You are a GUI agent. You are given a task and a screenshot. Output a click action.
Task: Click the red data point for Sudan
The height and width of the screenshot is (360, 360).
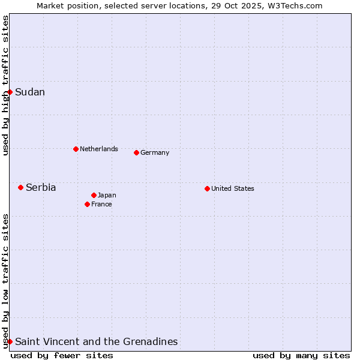(x=10, y=92)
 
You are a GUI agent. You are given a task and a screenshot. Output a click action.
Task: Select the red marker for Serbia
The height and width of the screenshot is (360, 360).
(x=20, y=187)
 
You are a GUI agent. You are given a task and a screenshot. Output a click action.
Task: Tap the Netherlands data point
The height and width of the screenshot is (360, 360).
(x=76, y=149)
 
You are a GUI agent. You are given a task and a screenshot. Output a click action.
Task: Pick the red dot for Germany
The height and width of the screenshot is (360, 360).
(x=136, y=152)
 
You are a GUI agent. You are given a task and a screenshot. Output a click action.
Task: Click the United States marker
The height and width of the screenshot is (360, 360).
(x=207, y=188)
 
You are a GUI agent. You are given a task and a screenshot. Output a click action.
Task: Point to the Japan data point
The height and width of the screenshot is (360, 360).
(x=94, y=195)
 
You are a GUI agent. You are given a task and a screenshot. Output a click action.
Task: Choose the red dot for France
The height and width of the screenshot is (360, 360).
(x=87, y=204)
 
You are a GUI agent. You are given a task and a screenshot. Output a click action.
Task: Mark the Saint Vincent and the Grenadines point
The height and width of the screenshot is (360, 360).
(x=10, y=341)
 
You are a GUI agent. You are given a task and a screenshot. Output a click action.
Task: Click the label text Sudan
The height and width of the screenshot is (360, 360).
(x=30, y=92)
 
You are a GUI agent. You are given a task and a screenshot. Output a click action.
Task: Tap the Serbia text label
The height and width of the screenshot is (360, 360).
(x=41, y=188)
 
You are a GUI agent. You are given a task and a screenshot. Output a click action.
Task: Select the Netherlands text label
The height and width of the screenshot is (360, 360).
(x=99, y=149)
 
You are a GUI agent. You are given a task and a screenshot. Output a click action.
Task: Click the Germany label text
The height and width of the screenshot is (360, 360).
(x=155, y=152)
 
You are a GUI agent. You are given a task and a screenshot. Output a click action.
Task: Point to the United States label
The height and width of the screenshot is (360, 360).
(x=233, y=188)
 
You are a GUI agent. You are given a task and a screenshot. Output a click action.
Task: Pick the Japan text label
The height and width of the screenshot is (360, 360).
(x=107, y=195)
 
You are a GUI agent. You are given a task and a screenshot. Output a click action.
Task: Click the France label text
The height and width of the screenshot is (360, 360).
(x=101, y=204)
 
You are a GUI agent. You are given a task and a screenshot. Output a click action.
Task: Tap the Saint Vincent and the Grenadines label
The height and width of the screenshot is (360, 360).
(x=97, y=341)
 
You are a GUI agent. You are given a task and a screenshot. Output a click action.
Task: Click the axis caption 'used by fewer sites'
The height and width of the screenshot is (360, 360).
(x=62, y=355)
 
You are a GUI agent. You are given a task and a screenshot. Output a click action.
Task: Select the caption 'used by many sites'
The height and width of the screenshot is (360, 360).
(x=301, y=355)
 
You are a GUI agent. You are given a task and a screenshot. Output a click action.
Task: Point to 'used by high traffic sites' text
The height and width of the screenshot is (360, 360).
(x=5, y=85)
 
